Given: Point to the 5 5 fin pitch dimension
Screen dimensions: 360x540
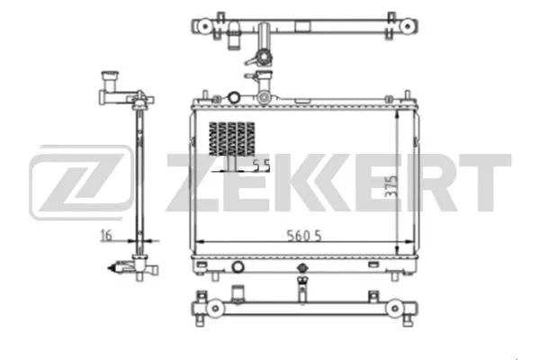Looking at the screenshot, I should click(261, 165).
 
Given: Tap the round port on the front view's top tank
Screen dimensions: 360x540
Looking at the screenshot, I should click(233, 96).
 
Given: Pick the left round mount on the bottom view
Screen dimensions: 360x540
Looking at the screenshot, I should click(216, 310).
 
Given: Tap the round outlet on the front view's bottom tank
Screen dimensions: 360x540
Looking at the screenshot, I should click(237, 266).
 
